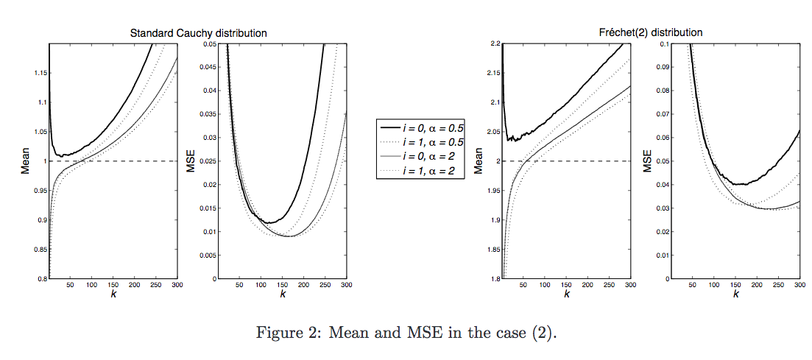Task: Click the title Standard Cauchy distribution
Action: click(x=198, y=33)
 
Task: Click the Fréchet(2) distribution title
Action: click(x=650, y=32)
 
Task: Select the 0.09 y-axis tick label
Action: click(x=663, y=67)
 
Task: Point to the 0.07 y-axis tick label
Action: click(x=663, y=114)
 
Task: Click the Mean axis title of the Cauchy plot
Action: click(x=24, y=161)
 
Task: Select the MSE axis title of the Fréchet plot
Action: click(x=649, y=162)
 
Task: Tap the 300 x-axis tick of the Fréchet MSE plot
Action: click(x=799, y=284)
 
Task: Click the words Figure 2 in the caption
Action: click(x=283, y=333)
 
